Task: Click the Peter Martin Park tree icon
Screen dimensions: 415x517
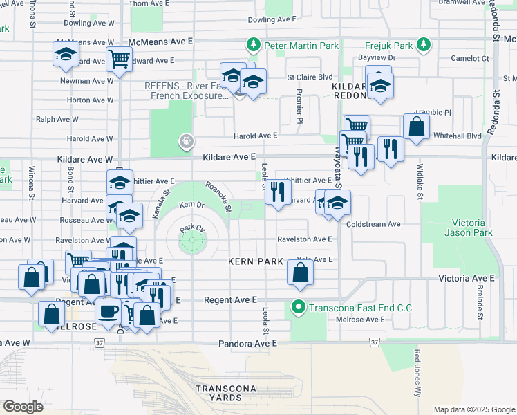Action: [254, 46]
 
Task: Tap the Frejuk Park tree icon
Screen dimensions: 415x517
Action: [423, 46]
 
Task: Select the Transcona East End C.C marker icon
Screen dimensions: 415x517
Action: [299, 306]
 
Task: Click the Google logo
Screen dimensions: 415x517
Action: [23, 406]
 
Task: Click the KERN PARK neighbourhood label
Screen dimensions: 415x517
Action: [256, 261]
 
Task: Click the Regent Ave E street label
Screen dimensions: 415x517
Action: [230, 299]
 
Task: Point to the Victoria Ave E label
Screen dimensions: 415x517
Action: [467, 277]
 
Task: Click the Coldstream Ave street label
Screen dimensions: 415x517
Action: [374, 224]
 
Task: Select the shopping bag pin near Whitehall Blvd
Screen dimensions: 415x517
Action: [416, 127]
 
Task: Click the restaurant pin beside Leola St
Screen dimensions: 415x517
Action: [278, 192]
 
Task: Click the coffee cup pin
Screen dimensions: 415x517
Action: [108, 311]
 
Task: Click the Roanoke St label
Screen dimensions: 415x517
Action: [218, 197]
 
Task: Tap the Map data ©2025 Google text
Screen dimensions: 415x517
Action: [474, 409]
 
